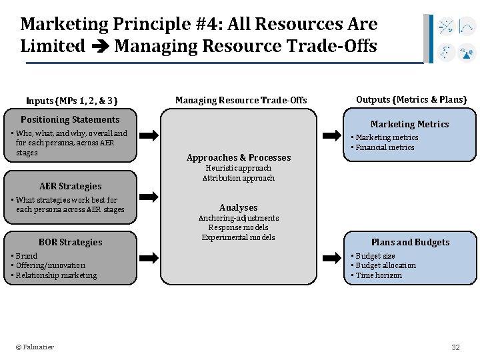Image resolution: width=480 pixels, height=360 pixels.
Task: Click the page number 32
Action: [456, 347]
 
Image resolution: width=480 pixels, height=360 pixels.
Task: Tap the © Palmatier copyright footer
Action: [35, 347]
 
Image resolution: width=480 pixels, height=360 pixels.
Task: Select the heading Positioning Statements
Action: [70, 120]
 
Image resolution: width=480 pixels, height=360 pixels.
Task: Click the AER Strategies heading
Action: [71, 187]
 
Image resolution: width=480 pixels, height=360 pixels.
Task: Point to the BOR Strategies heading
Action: [71, 243]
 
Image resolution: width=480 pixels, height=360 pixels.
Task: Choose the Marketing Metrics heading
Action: [409, 125]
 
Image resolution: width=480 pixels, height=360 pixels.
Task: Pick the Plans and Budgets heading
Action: [410, 243]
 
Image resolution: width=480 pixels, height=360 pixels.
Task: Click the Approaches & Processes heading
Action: [239, 158]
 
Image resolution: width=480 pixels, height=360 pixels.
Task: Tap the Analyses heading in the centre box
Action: [239, 208]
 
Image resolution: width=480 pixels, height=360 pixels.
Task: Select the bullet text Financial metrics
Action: [385, 147]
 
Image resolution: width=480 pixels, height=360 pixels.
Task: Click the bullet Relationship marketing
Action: [56, 275]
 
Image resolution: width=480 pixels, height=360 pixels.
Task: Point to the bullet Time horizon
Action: [379, 275]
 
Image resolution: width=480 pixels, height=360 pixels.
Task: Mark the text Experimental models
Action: [239, 237]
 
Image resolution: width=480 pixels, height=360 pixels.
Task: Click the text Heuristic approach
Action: [239, 169]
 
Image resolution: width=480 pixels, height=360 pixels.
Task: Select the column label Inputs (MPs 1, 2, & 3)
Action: [71, 101]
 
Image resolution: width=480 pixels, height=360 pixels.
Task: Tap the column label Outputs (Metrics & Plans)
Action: [411, 100]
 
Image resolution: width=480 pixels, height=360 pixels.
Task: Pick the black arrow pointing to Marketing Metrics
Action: [331, 135]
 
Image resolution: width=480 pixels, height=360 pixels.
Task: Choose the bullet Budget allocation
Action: [385, 265]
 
